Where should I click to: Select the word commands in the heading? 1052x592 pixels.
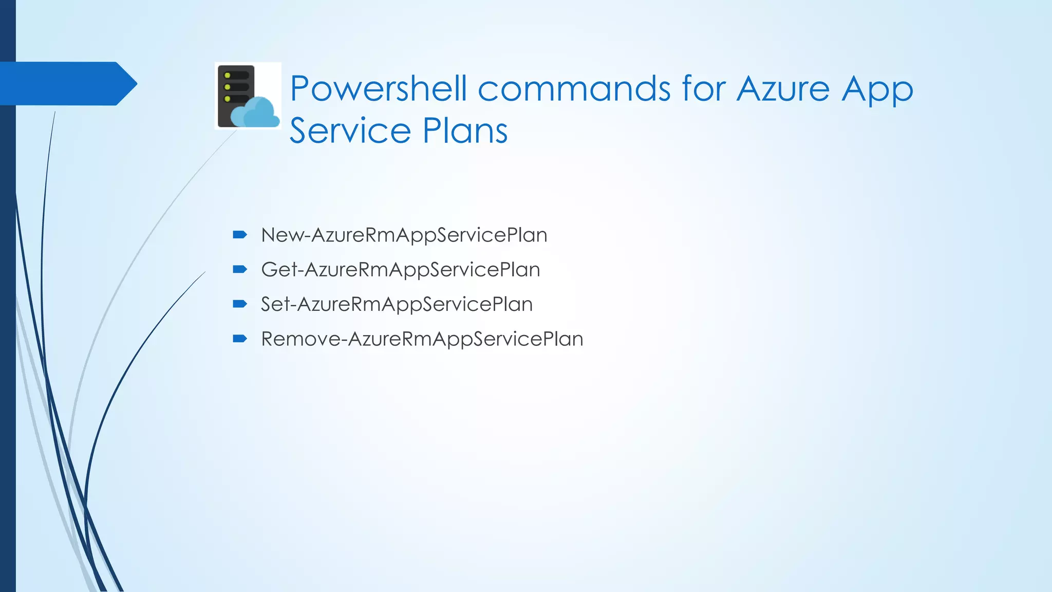tap(574, 88)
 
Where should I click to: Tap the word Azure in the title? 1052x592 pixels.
tap(783, 88)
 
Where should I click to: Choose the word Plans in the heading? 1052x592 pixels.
tap(465, 131)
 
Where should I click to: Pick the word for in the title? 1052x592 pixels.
tap(705, 88)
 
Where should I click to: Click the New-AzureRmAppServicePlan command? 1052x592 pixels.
tap(404, 235)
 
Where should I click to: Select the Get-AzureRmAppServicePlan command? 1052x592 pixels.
tap(400, 270)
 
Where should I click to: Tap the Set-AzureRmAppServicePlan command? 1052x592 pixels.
tap(397, 304)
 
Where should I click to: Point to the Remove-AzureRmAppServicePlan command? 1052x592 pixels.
tap(422, 339)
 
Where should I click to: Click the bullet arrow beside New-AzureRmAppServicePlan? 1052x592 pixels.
tap(240, 235)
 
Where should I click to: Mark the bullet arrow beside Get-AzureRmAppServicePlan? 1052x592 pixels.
tap(240, 269)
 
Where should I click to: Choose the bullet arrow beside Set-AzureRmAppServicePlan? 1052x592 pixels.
tap(240, 304)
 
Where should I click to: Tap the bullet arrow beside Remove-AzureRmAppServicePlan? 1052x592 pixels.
tap(240, 338)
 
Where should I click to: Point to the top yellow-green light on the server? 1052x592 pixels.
tap(228, 76)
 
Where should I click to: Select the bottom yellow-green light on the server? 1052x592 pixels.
tap(228, 99)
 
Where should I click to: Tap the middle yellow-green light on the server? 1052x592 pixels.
tap(228, 87)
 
